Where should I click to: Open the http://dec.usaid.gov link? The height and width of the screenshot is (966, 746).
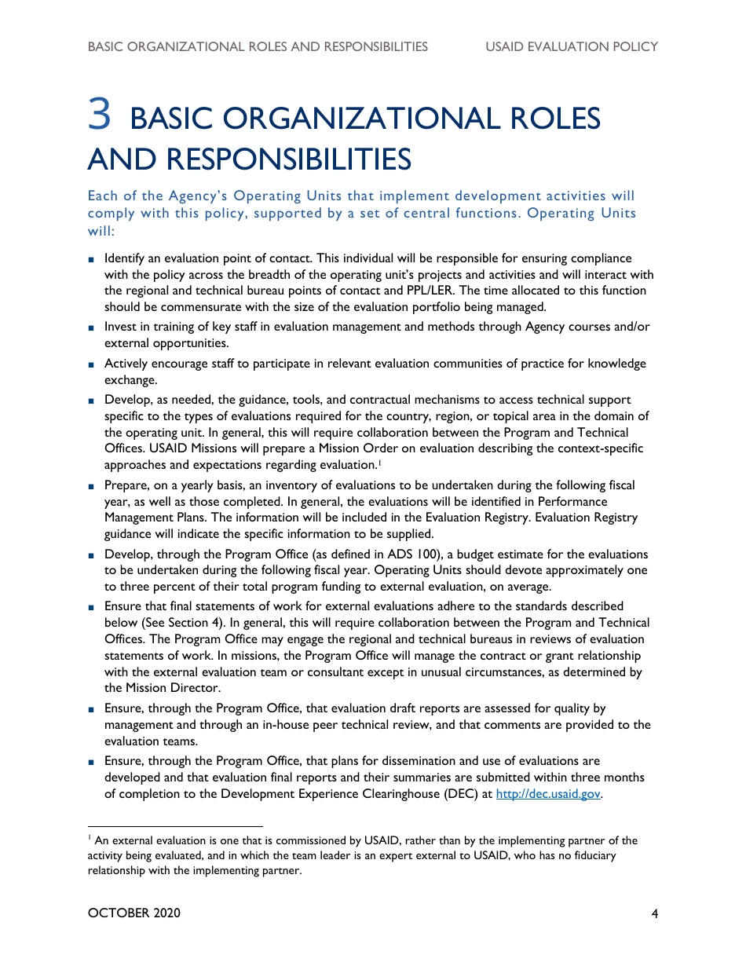tap(548, 794)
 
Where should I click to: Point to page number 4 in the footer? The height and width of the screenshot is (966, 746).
tap(653, 913)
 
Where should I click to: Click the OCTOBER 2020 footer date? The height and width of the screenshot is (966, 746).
tap(134, 913)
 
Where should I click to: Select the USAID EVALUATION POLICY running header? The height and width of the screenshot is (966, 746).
tap(571, 46)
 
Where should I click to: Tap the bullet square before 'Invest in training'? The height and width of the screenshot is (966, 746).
tap(92, 327)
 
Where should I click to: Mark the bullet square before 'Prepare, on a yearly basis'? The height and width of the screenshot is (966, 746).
tap(92, 486)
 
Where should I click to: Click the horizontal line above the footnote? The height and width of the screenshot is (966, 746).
tap(175, 826)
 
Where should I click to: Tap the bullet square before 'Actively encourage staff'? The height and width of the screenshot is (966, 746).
tap(92, 364)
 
